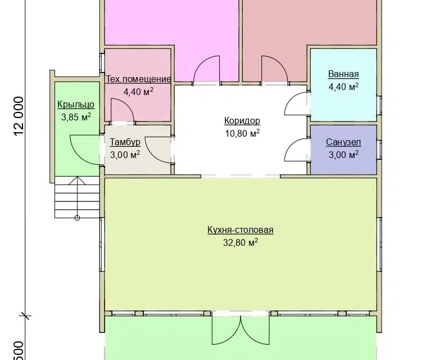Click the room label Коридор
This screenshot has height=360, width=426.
pyautogui.click(x=242, y=120)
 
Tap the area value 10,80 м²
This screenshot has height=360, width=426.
pyautogui.click(x=242, y=133)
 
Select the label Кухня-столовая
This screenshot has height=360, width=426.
pyautogui.click(x=241, y=229)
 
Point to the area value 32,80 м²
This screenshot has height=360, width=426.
pyautogui.click(x=241, y=242)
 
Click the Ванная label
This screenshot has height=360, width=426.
pyautogui.click(x=343, y=74)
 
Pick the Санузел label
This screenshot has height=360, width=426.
pyautogui.click(x=343, y=142)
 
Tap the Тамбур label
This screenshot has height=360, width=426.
pyautogui.click(x=125, y=142)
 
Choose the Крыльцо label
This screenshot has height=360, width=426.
pyautogui.click(x=76, y=105)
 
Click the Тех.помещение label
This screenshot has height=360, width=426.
pyautogui.click(x=138, y=79)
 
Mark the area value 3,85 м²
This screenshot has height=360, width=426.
pyautogui.click(x=76, y=117)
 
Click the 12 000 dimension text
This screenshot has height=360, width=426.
pyautogui.click(x=19, y=116)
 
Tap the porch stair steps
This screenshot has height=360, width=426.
pyautogui.click(x=77, y=197)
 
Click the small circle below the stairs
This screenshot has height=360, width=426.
pyautogui.click(x=77, y=218)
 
